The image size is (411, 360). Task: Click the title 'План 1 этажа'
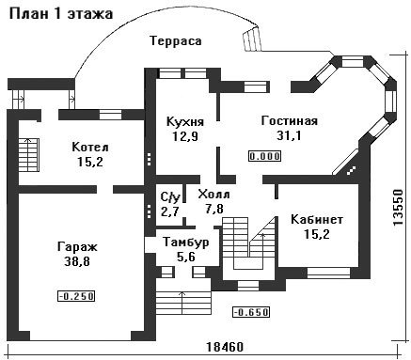61,14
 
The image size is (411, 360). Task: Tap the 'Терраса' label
176,41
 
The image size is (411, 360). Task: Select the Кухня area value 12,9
185,136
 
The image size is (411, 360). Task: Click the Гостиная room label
290,121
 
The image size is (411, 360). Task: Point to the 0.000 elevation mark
265,156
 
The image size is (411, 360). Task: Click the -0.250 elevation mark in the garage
76,296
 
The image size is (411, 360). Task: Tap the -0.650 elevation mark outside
251,312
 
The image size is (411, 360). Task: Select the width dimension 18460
225,347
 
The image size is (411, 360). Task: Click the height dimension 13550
398,207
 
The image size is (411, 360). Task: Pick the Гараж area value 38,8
77,261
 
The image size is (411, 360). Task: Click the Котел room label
90,147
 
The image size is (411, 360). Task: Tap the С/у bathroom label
170,197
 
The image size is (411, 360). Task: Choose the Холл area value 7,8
214,209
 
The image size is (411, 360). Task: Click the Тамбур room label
186,243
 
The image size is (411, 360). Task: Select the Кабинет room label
317,220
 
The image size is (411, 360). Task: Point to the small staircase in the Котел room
28,155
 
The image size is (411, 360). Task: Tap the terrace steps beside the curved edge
252,39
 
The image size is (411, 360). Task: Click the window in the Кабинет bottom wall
328,273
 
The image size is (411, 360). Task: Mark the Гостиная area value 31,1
289,135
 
